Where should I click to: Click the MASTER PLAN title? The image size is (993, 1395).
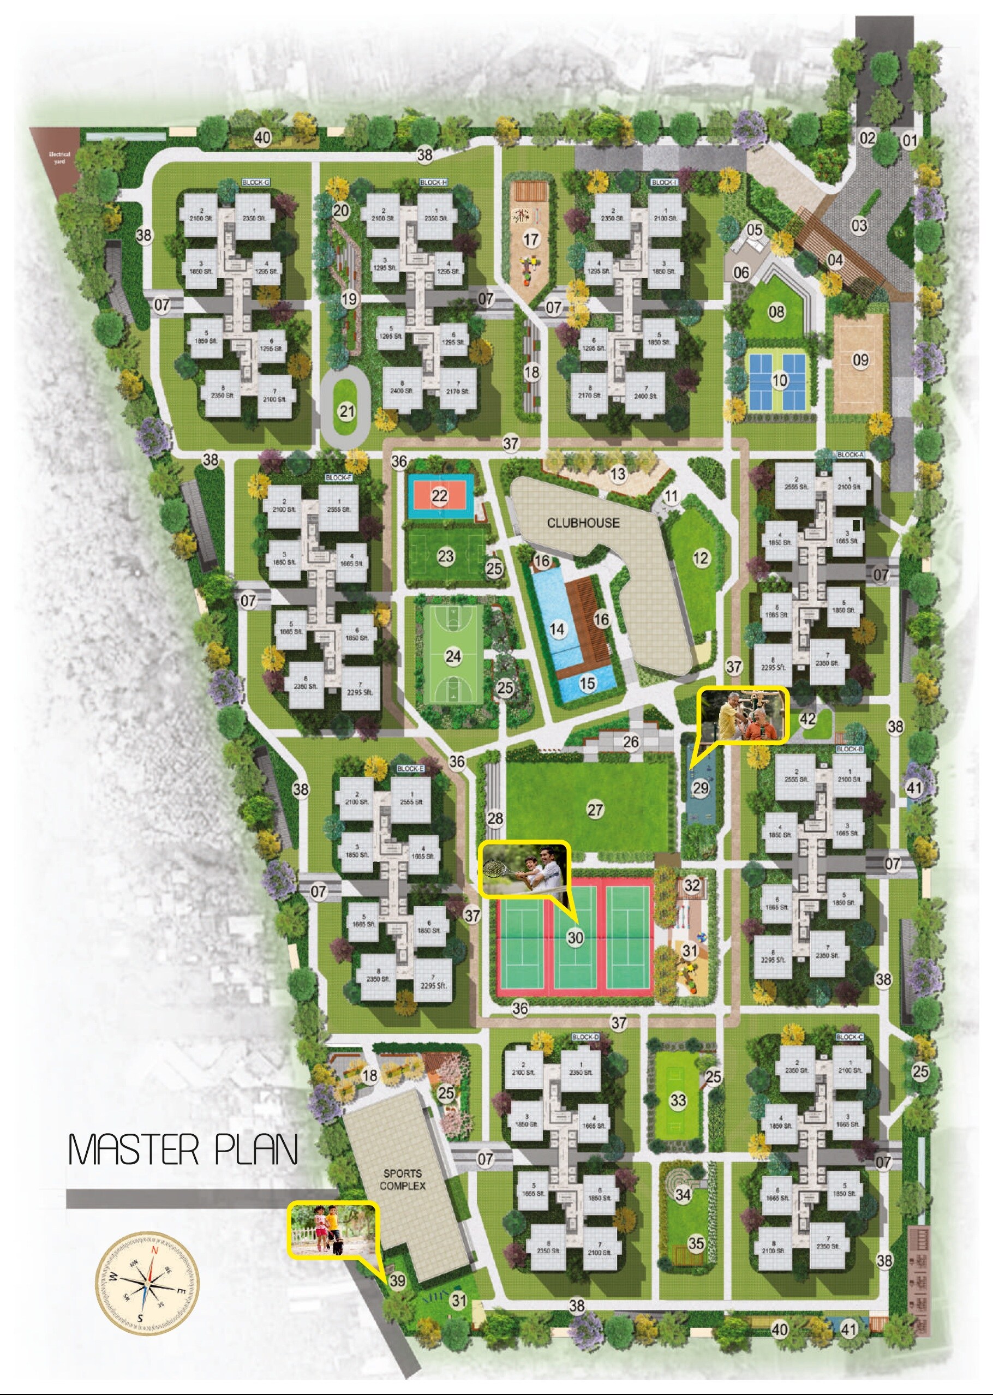click(182, 1150)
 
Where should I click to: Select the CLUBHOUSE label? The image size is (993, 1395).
click(583, 523)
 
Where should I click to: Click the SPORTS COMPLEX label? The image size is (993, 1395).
click(402, 1179)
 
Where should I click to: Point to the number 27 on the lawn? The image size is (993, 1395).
click(595, 810)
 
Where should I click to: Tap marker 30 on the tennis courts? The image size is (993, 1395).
click(575, 937)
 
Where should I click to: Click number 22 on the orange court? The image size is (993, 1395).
click(439, 495)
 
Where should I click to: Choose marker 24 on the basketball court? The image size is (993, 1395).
click(453, 656)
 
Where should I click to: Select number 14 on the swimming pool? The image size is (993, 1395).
click(557, 629)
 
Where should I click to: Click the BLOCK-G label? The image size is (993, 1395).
click(255, 183)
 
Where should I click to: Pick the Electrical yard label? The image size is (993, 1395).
click(59, 158)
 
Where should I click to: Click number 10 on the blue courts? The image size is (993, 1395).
click(779, 381)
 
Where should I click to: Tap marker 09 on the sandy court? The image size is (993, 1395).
click(860, 360)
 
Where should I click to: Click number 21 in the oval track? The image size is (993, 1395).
click(346, 411)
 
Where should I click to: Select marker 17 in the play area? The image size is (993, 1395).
click(531, 239)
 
